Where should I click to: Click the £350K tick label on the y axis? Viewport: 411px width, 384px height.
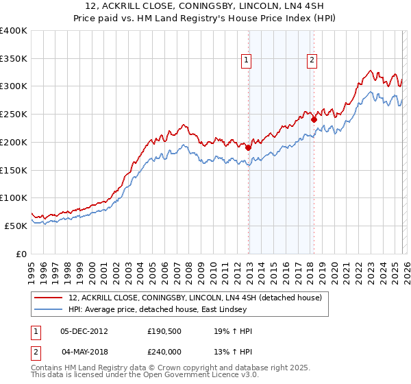[x=14, y=59]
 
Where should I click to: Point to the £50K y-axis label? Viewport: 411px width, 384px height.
[x=16, y=226]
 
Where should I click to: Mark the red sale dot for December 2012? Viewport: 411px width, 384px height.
[x=249, y=147]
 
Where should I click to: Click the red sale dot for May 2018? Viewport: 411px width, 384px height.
[x=314, y=119]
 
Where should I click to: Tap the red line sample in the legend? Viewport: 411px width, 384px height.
[x=49, y=298]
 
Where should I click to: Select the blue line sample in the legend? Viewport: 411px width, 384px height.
[x=49, y=309]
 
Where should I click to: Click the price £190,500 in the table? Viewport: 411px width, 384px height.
[x=163, y=331]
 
